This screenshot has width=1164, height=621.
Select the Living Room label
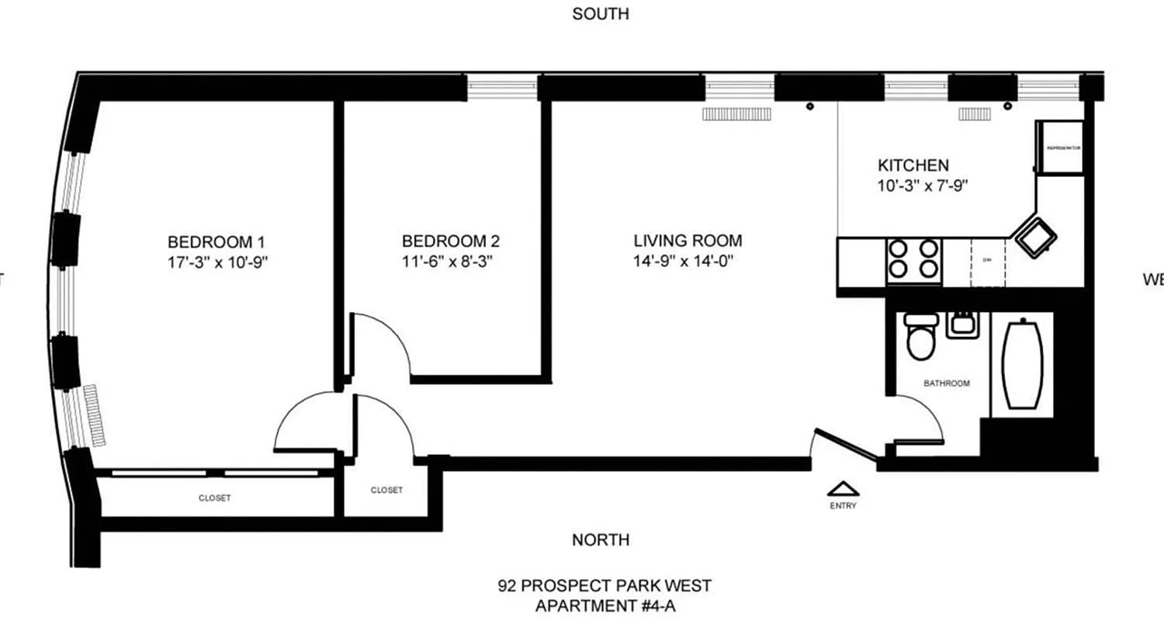(687, 241)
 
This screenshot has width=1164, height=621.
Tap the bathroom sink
(960, 324)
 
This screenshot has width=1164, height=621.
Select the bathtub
(1022, 364)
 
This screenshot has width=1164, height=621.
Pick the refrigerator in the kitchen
(1060, 147)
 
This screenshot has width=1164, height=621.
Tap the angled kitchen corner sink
(1033, 236)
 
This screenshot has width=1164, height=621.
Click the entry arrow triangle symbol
(843, 489)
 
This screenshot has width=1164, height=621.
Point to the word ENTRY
(843, 506)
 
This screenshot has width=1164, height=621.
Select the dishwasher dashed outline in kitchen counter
(988, 262)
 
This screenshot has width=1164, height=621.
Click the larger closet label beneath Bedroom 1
(214, 498)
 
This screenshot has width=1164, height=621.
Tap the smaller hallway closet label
(386, 490)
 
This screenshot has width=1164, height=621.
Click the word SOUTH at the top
(600, 14)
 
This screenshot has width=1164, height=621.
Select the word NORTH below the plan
(601, 539)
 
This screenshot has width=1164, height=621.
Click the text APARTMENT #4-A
(605, 605)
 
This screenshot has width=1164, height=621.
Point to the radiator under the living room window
(737, 114)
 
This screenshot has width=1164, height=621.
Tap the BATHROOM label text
(946, 383)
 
